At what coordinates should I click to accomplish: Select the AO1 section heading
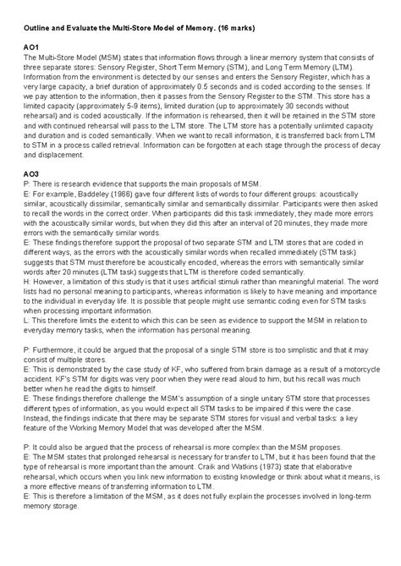click(32, 47)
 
